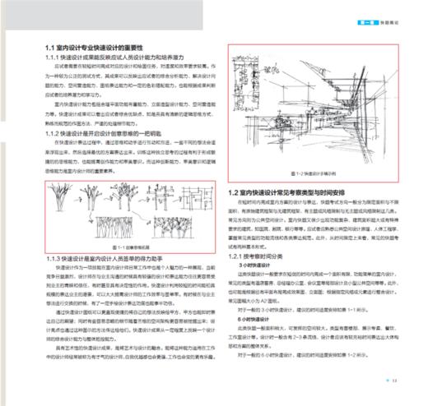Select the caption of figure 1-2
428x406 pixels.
[x=312, y=174]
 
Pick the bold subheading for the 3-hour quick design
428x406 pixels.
[x=252, y=267]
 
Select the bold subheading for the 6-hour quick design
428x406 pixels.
[x=252, y=316]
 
